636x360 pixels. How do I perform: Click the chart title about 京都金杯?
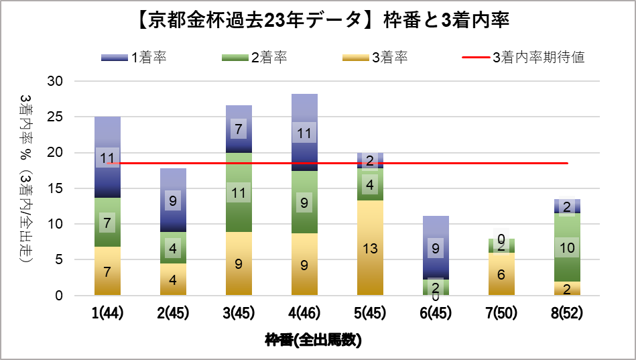318,21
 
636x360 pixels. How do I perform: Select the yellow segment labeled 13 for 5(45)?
370,248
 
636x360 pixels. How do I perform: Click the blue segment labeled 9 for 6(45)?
436,248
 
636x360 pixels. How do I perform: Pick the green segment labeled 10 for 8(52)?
568,247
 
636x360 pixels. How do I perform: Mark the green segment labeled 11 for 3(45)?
239,192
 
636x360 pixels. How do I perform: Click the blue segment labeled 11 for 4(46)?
304,133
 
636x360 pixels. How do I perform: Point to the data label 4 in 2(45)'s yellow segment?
173,279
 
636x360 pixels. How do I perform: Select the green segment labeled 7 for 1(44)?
107,222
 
